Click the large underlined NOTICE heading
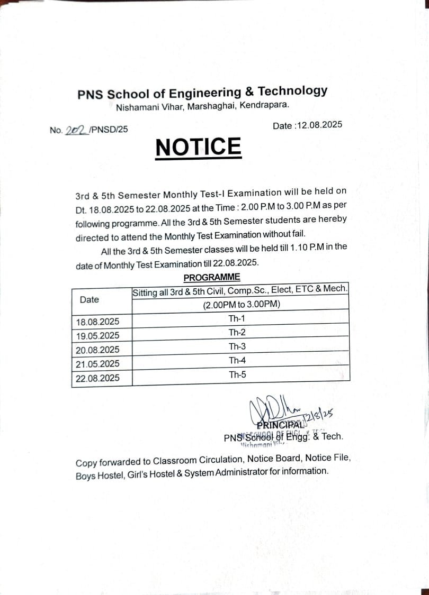(199, 147)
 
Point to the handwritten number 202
(76, 130)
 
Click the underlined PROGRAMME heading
(212, 277)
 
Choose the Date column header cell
(89, 299)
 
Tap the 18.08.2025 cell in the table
(97, 322)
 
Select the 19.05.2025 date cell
(97, 335)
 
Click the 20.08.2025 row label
(97, 350)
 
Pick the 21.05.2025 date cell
(97, 364)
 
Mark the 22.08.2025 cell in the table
(97, 378)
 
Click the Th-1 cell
(237, 318)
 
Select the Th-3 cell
(237, 346)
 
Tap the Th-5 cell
(237, 374)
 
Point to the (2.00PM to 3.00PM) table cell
(241, 304)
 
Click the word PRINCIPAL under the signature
(281, 424)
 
